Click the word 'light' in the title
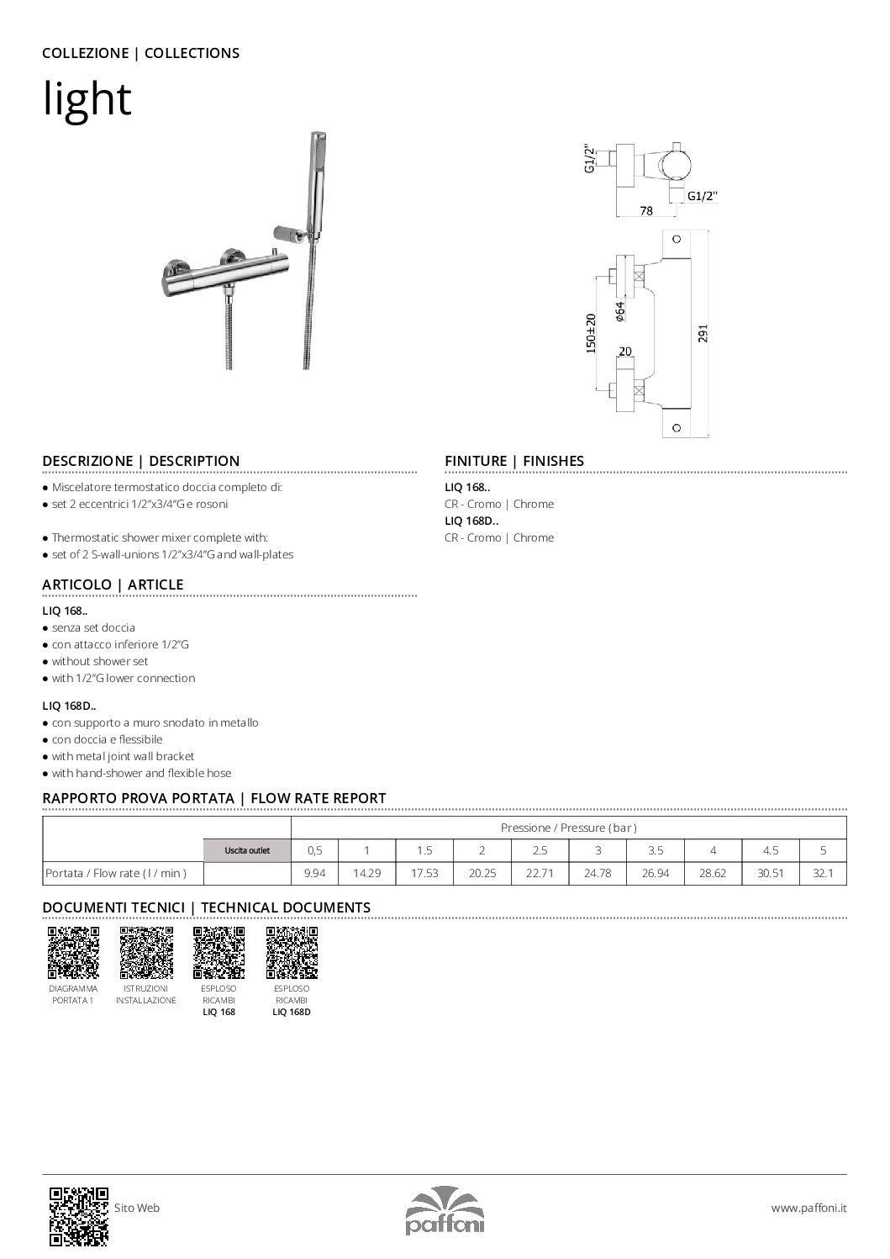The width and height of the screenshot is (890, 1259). coord(87,99)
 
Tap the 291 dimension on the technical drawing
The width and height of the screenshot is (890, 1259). coord(703,333)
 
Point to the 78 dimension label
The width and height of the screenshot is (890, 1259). coord(645,211)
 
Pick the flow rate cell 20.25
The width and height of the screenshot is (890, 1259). coord(482,874)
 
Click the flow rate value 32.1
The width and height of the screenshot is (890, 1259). coord(823,874)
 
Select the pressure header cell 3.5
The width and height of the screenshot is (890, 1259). coord(655,850)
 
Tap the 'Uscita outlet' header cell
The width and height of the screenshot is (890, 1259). coord(247,851)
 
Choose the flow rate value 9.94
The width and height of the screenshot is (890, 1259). coord(314,874)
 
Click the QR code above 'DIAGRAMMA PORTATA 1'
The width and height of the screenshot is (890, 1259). coord(73,953)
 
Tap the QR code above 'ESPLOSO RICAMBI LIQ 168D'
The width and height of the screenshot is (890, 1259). coord(292,953)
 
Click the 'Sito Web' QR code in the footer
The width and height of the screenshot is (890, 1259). coord(78,1215)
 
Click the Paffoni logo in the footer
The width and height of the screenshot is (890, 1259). coord(445,1211)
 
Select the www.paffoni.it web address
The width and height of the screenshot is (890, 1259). coord(808,1208)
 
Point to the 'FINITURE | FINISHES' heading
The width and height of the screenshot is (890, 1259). coord(513,461)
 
